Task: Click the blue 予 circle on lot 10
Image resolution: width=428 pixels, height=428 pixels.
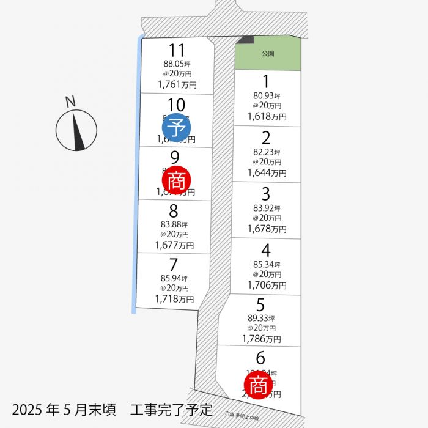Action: coord(177,128)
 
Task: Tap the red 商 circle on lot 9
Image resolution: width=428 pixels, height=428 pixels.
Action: coord(177,180)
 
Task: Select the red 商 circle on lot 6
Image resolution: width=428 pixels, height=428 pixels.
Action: coord(258,385)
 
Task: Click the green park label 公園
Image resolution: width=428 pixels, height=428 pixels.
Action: coord(267,54)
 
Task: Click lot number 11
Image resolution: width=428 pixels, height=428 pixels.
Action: coord(177,50)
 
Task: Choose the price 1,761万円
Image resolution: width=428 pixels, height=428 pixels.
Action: coord(177,85)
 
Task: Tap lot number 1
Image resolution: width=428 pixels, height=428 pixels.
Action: coord(266,81)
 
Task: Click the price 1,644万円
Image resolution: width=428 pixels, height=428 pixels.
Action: coord(267,173)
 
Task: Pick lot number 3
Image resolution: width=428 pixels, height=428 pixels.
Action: coord(266,194)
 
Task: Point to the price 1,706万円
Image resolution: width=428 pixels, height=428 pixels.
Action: coord(267,285)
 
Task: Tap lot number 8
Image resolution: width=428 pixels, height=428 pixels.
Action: coord(174,211)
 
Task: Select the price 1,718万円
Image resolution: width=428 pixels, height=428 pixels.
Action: coord(174,299)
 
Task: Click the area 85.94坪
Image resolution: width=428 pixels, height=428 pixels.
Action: coord(174,278)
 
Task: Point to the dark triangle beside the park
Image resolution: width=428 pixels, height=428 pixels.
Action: coord(246,40)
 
